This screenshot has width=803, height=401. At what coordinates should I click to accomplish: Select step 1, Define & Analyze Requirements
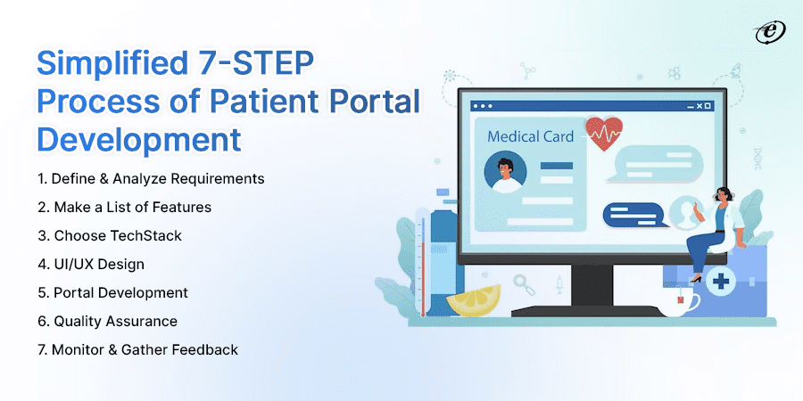(x=151, y=178)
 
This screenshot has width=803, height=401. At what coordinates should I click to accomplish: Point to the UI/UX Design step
(x=98, y=264)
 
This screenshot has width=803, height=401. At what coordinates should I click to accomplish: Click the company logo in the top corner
(x=765, y=32)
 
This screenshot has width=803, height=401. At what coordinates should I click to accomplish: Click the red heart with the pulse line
(x=604, y=135)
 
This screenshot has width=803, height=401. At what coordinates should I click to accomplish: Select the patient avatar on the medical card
(x=506, y=171)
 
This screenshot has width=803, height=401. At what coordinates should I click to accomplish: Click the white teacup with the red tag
(x=681, y=303)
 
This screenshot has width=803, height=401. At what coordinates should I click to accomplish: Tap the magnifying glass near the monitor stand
(x=525, y=285)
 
